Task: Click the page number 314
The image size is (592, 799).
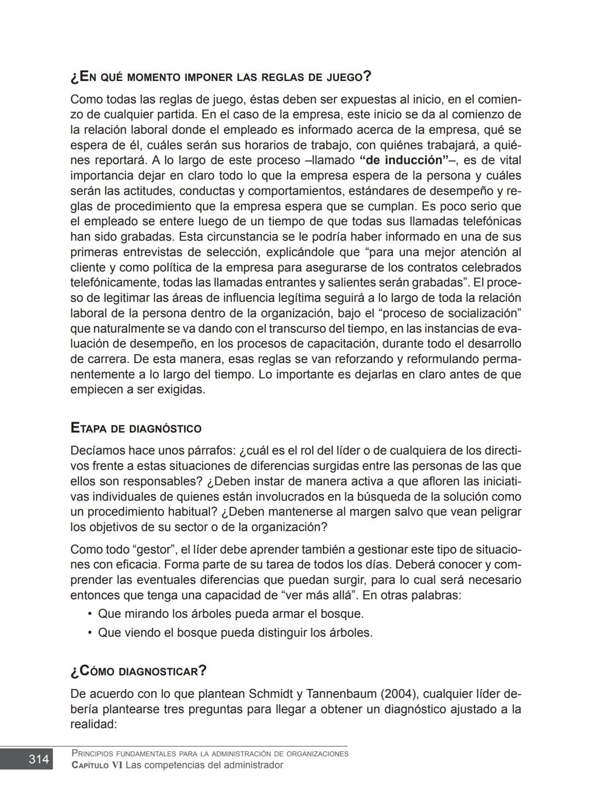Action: click(38, 759)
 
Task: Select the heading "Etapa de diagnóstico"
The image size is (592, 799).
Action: click(136, 428)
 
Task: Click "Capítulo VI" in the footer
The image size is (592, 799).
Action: click(97, 765)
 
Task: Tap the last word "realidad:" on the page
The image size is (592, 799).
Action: click(94, 725)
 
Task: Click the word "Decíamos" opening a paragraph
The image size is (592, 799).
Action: click(98, 451)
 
